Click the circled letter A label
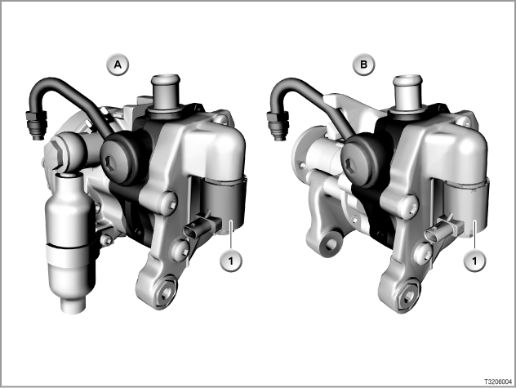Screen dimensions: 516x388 tap(118, 65)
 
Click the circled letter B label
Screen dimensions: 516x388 tap(363, 65)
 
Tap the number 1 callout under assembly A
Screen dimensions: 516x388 tap(231, 261)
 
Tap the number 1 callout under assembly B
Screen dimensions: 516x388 tap(474, 261)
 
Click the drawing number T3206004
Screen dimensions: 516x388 tap(498, 381)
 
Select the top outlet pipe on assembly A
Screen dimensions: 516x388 tap(166, 93)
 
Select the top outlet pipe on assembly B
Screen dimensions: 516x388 tap(407, 92)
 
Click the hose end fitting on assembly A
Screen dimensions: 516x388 tap(36, 124)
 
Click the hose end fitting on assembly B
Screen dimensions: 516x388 tap(278, 125)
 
